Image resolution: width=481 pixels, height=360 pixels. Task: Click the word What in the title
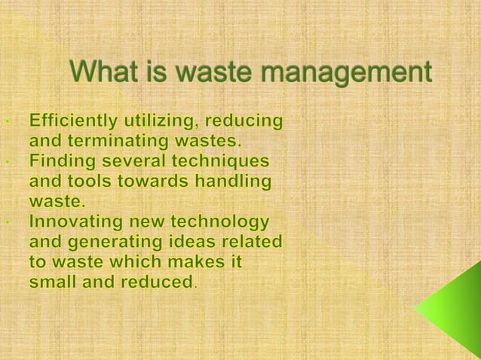pyautogui.click(x=103, y=74)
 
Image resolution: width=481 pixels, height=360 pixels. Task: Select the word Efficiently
pyautogui.click(x=73, y=121)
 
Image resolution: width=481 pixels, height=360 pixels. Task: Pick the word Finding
pyautogui.click(x=59, y=161)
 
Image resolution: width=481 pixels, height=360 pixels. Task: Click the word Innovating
pyautogui.click(x=70, y=223)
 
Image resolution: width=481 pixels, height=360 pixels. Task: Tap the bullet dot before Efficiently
pyautogui.click(x=6, y=121)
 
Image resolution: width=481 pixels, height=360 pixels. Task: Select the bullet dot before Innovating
pyautogui.click(x=6, y=224)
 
